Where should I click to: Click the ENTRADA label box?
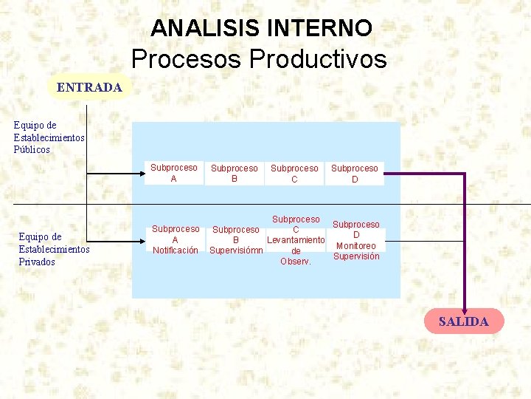coord(89,87)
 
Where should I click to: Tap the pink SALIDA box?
coord(464,321)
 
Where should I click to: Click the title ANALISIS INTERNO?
coord(261,28)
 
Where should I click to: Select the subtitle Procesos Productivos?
coord(259,58)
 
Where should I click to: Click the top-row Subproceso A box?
coord(174,173)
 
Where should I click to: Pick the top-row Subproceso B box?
coord(235,174)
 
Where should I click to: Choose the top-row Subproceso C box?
coord(294,174)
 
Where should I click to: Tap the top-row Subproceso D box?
coord(355,174)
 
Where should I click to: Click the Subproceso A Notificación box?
coord(176,239)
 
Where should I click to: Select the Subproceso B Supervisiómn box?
coord(236,240)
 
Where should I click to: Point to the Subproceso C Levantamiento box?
coord(296,240)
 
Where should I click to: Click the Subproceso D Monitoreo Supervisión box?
coord(356,240)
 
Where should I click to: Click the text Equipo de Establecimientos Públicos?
coord(49,137)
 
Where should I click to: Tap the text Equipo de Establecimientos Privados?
coord(54,249)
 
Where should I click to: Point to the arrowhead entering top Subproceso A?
coord(139,174)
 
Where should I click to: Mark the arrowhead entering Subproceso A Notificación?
coord(139,240)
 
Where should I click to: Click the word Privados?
coord(37,262)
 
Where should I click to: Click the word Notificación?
coord(176,250)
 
